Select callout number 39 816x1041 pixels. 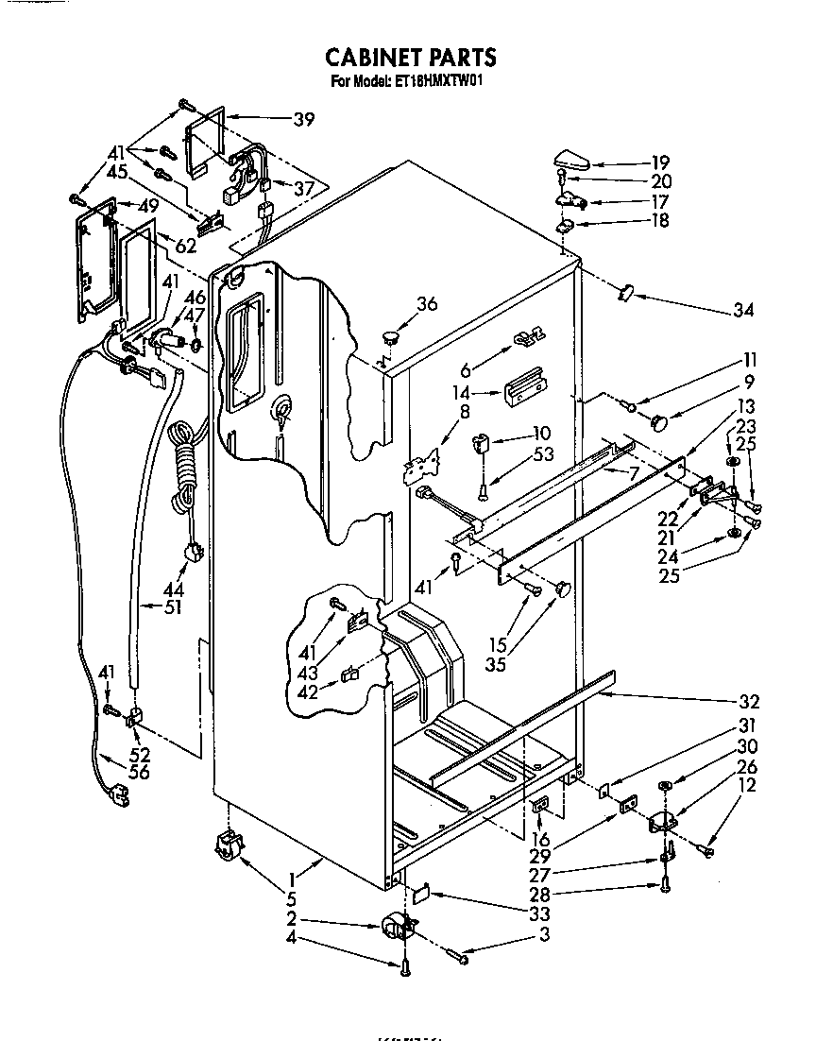tap(303, 119)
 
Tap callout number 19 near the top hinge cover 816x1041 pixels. tap(660, 162)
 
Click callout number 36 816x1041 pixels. tap(427, 304)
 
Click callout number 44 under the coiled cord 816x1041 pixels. tap(174, 590)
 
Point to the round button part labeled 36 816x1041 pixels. tap(390, 333)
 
